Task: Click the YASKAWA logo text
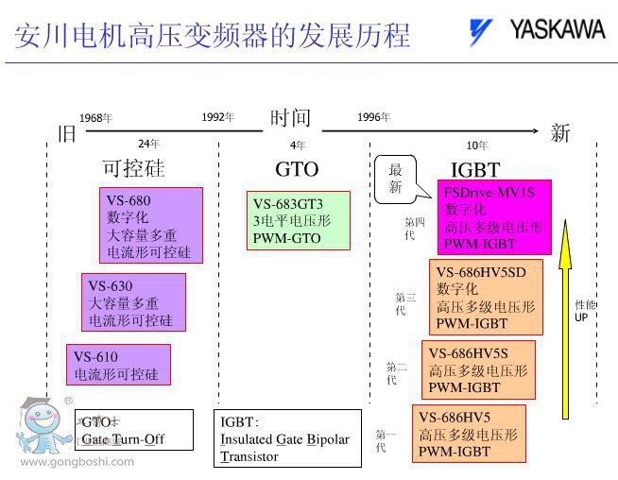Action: coord(557,29)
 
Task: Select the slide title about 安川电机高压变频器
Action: coord(213,35)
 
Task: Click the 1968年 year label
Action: coord(95,118)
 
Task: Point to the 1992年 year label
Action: coord(217,117)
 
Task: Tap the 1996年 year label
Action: coord(373,117)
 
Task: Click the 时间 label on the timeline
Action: coord(290,118)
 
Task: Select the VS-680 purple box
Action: coord(151,226)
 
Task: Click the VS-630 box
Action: coord(133,303)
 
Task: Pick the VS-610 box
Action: coord(118,366)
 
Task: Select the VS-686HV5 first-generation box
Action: coord(469,434)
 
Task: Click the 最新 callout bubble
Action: coord(396,179)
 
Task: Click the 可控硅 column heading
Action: coord(133,169)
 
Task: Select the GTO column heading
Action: coord(297,170)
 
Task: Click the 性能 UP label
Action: coord(586,311)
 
